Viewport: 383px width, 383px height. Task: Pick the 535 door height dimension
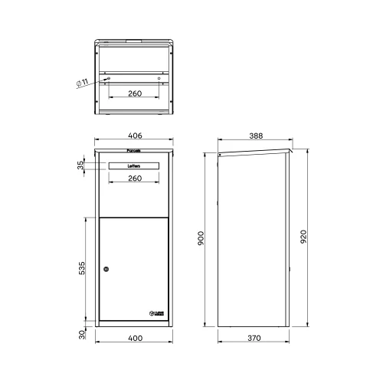point(81,269)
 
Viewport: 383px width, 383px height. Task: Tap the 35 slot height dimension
point(80,165)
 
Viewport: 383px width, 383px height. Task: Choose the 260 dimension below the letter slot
point(134,178)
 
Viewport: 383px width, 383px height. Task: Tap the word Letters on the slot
point(134,165)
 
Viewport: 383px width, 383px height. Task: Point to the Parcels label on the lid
point(134,151)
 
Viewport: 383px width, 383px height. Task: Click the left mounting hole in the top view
point(109,78)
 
